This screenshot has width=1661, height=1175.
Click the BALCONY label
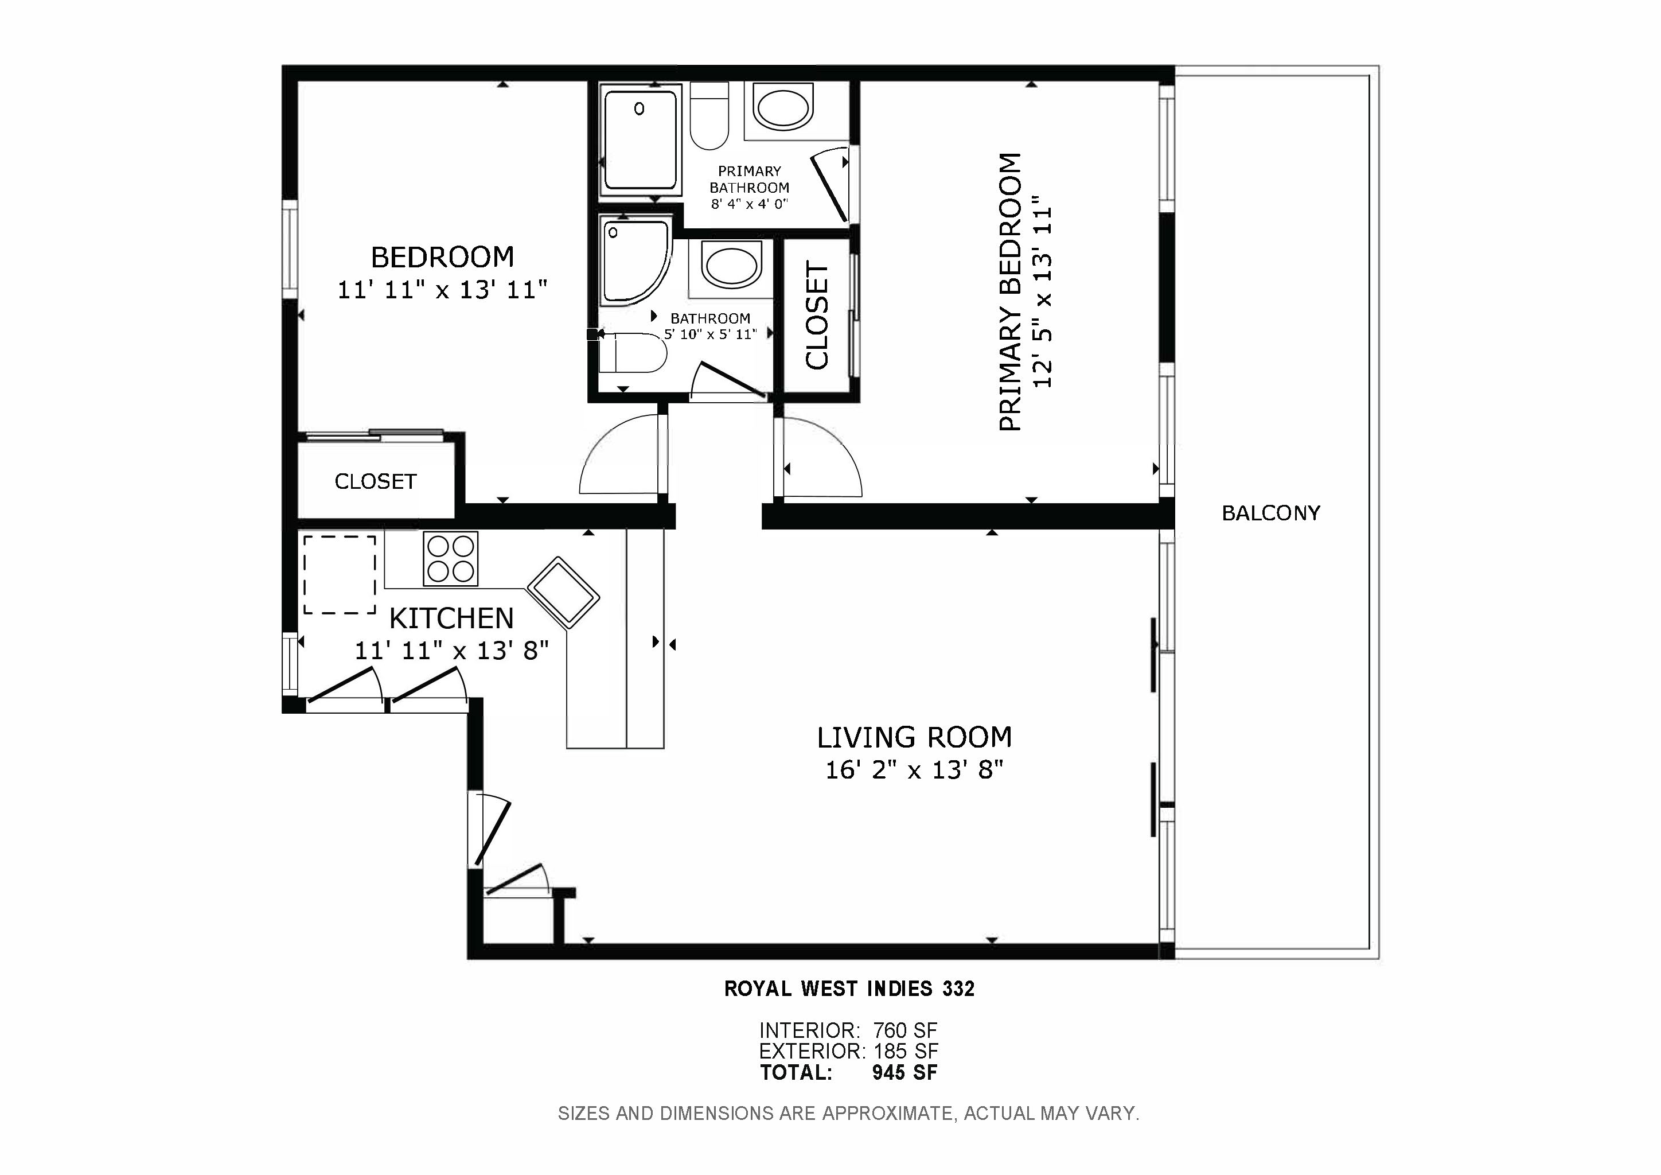[x=1270, y=513]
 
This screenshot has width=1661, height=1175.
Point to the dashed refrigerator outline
[x=340, y=575]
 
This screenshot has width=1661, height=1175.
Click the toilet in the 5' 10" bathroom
[x=634, y=353]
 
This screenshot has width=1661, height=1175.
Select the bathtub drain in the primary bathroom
[x=640, y=109]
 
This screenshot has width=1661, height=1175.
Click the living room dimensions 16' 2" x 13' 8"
[x=914, y=770]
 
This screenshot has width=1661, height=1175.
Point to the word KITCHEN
[x=451, y=618]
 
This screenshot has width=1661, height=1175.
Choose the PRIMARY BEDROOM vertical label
[x=1011, y=291]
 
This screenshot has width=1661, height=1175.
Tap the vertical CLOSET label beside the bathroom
[x=817, y=316]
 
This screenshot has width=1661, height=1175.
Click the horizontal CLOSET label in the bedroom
[x=376, y=481]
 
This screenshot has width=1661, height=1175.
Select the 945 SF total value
[x=905, y=1072]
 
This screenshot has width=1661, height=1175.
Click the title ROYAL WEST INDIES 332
[x=849, y=989]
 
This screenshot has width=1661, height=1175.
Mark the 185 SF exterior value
[x=906, y=1051]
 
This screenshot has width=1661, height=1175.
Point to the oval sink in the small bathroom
[x=731, y=266]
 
